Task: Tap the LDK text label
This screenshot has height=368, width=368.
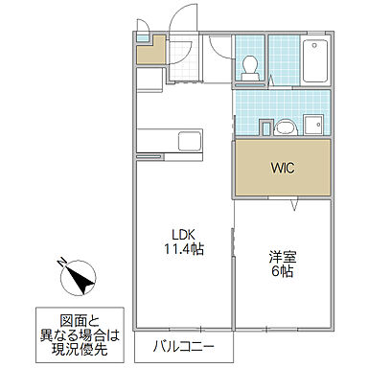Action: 185,234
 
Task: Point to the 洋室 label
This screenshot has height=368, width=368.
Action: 281,256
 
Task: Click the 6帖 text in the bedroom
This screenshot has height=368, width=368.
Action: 281,271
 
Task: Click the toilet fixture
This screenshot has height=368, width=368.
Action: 250,65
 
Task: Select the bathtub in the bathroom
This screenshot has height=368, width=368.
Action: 313,60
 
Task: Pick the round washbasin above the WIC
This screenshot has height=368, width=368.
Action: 284,125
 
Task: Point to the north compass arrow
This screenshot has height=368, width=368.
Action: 80,279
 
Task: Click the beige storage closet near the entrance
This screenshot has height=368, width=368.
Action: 149,50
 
